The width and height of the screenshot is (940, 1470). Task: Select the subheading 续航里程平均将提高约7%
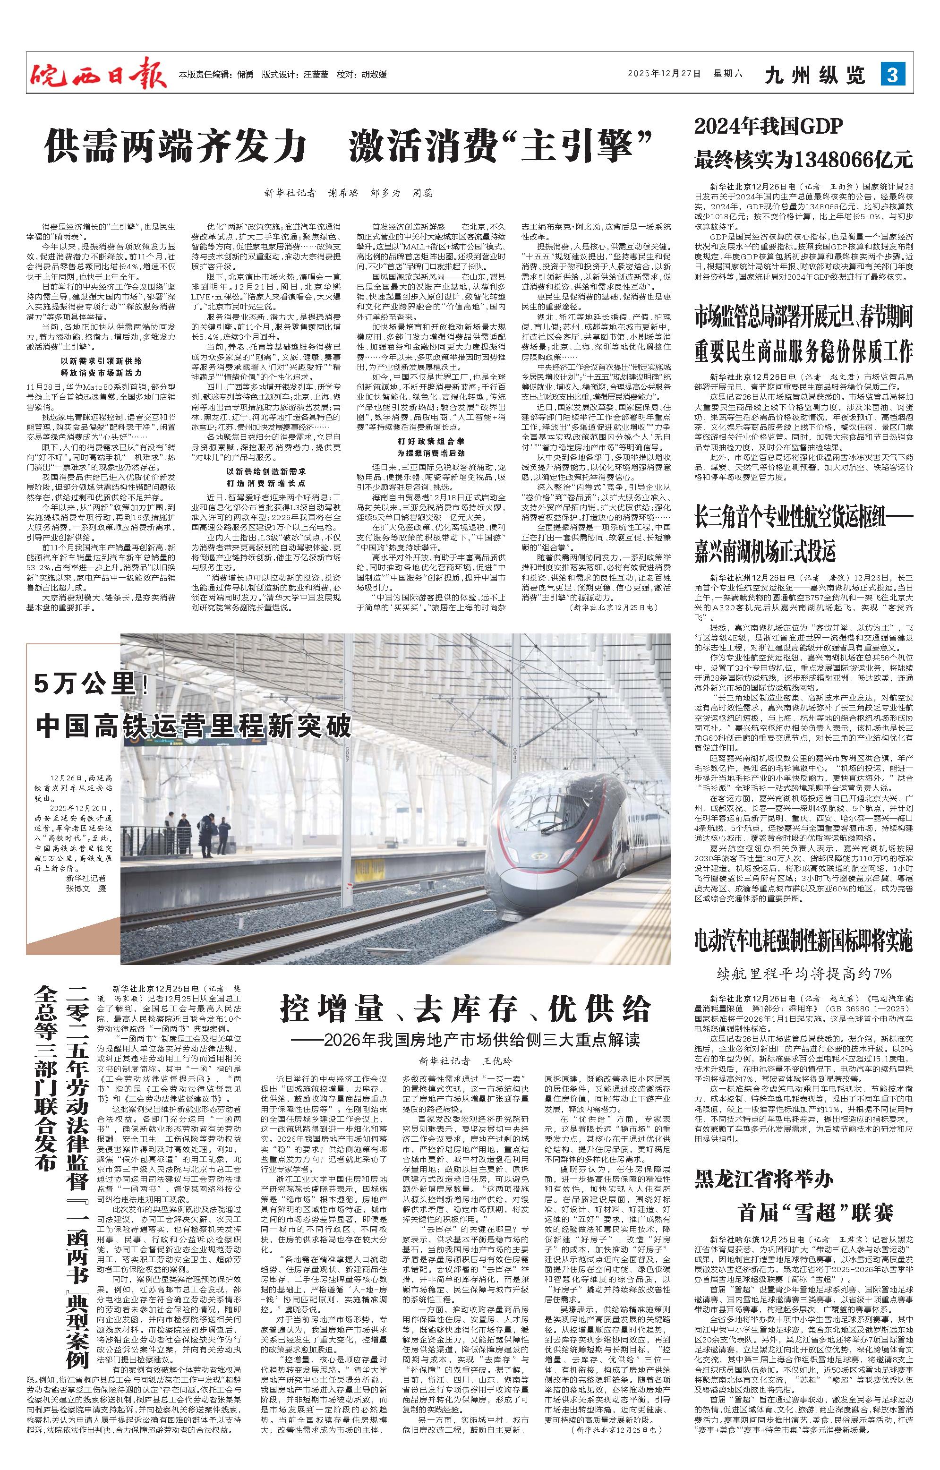(x=804, y=972)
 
